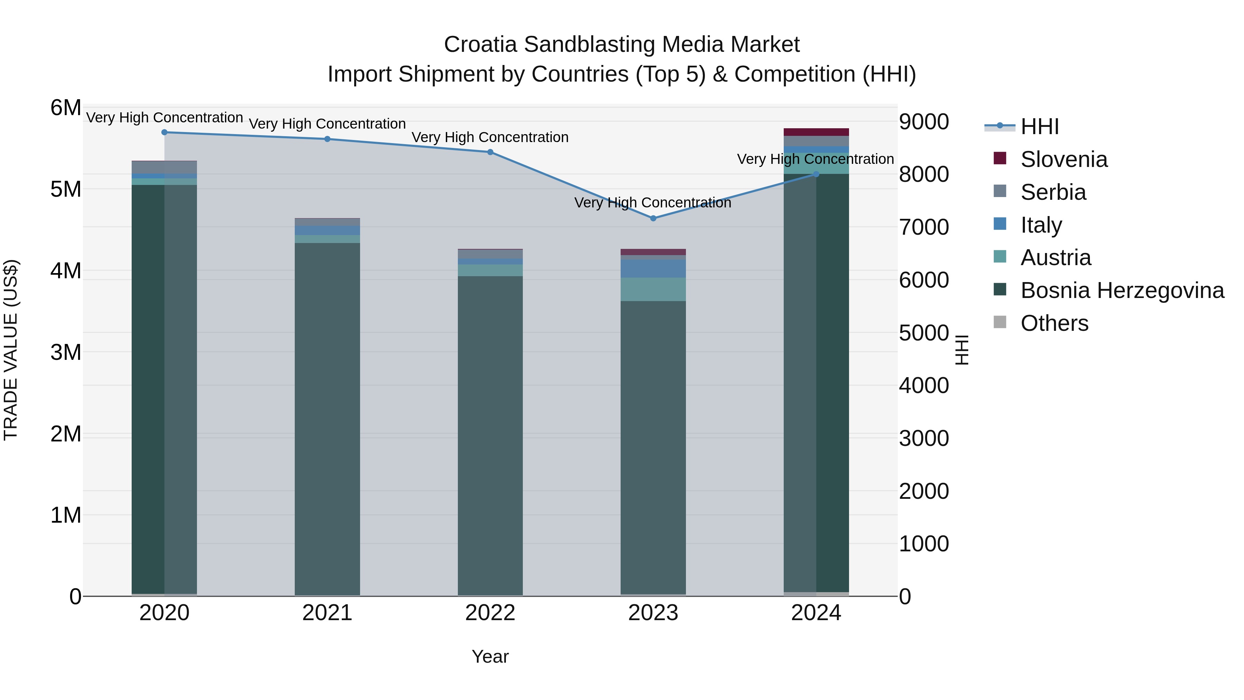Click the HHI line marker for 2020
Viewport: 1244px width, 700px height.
click(x=164, y=132)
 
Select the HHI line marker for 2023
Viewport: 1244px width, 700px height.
click(x=653, y=218)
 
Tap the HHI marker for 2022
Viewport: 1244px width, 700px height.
click(x=490, y=152)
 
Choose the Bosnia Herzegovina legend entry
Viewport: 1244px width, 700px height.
click(x=1122, y=290)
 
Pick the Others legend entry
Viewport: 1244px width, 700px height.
click(x=1054, y=323)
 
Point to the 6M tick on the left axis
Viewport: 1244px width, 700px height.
click(x=66, y=108)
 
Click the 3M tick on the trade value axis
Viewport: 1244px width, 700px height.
click(x=66, y=352)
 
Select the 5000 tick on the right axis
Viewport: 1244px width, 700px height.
click(x=923, y=333)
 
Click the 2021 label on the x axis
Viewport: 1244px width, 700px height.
click(x=327, y=613)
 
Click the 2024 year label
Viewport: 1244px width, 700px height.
click(x=816, y=613)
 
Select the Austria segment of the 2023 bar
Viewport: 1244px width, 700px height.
click(x=653, y=289)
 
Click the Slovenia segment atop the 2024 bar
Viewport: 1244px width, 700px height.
click(x=816, y=132)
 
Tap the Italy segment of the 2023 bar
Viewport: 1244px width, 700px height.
click(x=653, y=269)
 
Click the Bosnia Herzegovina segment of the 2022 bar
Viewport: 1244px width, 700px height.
click(x=490, y=435)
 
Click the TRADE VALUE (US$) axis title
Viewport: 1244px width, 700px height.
click(x=11, y=350)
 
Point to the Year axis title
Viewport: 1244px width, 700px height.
click(x=490, y=656)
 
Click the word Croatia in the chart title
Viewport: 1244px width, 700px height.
click(x=481, y=45)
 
